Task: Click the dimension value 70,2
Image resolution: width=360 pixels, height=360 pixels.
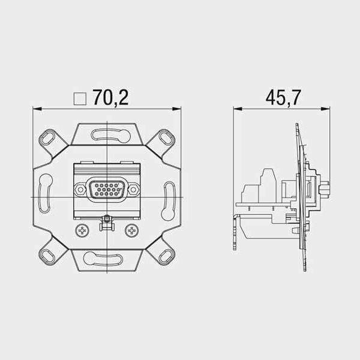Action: [110, 97]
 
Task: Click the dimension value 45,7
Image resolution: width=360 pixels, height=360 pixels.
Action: [283, 97]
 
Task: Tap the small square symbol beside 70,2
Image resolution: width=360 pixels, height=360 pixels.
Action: [80, 99]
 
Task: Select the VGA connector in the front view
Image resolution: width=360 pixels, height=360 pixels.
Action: [107, 190]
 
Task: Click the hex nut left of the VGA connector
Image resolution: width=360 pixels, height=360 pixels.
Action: [80, 190]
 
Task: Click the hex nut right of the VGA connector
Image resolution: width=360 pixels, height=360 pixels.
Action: [133, 190]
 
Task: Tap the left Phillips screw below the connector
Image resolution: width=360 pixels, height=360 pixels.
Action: [82, 230]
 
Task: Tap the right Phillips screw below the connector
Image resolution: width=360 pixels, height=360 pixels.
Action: [131, 230]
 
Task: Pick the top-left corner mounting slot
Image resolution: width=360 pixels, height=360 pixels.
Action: [47, 138]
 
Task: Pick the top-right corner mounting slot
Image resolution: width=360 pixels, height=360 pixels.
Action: [167, 138]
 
